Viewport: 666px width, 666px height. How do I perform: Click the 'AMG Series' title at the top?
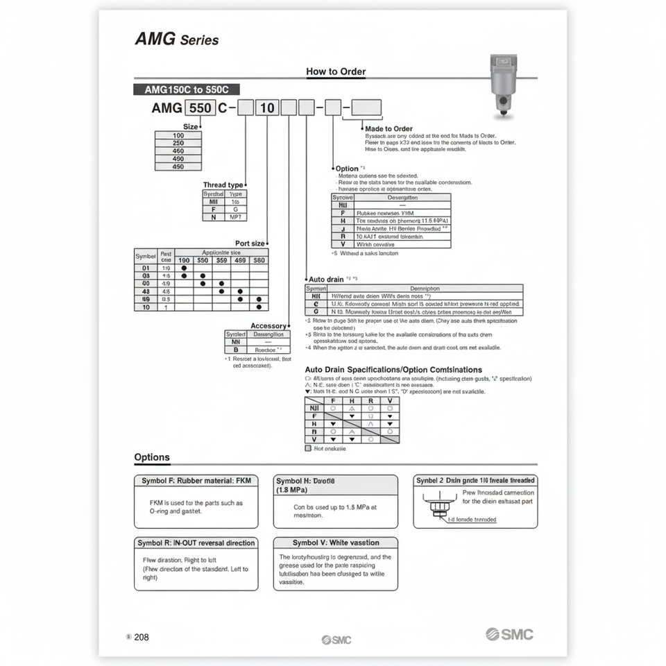176,40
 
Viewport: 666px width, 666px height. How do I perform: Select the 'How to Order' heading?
336,71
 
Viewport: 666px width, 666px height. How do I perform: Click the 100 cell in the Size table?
178,136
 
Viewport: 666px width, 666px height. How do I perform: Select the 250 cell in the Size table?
178,144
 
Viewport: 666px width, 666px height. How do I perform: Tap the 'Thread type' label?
223,185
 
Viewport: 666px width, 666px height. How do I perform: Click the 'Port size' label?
250,244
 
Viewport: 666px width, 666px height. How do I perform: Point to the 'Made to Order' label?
388,129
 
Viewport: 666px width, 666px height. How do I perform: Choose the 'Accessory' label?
268,326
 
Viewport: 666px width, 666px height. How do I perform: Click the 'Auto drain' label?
325,279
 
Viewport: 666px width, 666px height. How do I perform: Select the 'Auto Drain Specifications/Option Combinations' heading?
393,370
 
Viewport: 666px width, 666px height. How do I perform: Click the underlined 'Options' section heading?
152,457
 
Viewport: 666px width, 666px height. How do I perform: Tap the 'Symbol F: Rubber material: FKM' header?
196,480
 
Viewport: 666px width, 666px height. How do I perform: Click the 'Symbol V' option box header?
336,543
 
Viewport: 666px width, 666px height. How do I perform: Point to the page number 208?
141,637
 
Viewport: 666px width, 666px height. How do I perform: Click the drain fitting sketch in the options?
437,505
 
